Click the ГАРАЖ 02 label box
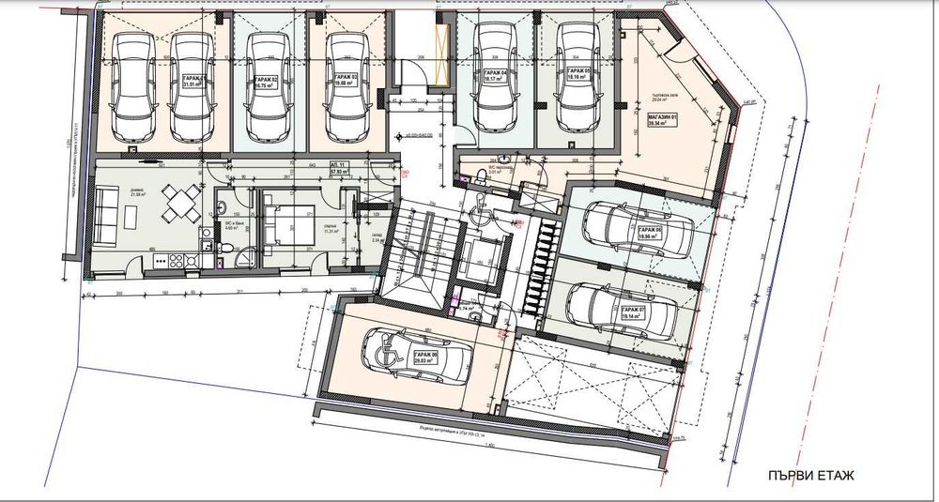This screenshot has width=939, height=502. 266,82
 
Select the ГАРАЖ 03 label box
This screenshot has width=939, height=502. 346,79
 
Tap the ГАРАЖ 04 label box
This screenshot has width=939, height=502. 494,76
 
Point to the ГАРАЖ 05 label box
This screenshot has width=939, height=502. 574,76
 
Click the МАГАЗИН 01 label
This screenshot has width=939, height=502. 663,116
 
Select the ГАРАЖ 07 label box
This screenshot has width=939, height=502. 634,312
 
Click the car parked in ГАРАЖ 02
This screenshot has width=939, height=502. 265,84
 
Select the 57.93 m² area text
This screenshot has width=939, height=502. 339,174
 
